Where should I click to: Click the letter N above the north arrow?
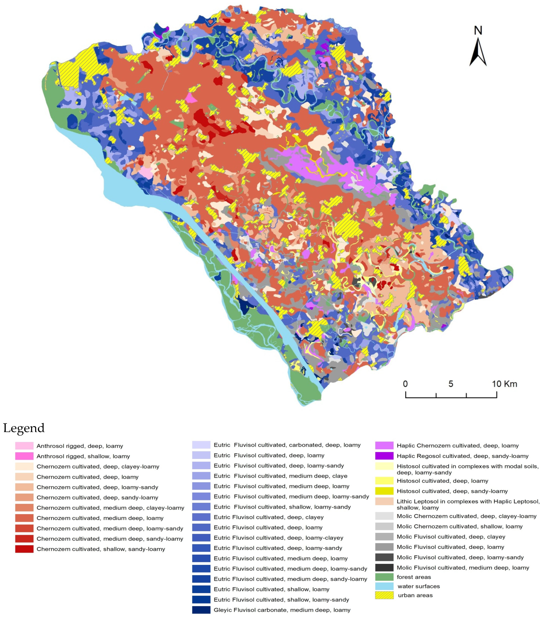tap(478, 30)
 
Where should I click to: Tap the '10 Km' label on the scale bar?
tap(504, 384)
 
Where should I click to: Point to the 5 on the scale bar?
tap(451, 384)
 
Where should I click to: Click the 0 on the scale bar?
tap(405, 384)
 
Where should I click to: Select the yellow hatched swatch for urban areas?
tap(384, 595)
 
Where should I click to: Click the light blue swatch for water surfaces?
tap(384, 586)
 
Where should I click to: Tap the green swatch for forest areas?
tap(384, 577)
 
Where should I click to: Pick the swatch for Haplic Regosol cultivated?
tap(384, 456)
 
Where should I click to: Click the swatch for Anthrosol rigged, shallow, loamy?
tap(24, 456)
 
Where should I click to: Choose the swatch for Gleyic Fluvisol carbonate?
tap(201, 610)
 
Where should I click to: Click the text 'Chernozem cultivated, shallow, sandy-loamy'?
tap(101, 549)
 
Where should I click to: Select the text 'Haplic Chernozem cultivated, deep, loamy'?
tap(457, 446)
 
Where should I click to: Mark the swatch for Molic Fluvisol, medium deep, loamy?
tap(384, 567)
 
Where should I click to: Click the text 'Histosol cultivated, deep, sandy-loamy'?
tap(452, 491)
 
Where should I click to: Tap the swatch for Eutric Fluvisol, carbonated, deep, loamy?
tap(201, 445)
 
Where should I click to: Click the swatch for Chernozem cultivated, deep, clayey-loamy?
tap(24, 466)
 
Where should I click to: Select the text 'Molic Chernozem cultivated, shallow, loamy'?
tap(459, 526)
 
